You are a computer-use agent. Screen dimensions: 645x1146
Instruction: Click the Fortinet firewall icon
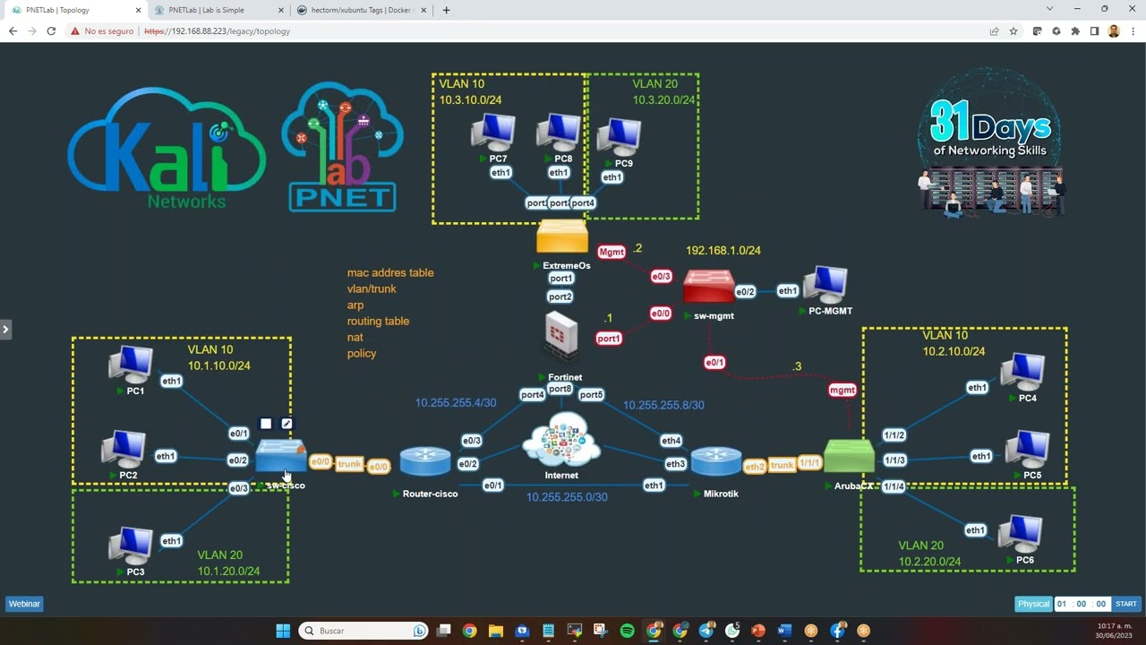[561, 337]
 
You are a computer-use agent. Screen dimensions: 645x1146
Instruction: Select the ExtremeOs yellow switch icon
[562, 237]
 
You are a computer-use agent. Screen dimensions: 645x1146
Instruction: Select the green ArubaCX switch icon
[849, 458]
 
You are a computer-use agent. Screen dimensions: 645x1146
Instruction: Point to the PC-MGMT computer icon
[825, 286]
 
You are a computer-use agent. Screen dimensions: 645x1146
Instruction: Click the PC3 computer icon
[131, 546]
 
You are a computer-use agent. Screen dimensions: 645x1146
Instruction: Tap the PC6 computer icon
[1021, 534]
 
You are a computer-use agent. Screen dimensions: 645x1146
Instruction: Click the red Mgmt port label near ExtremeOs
[611, 253]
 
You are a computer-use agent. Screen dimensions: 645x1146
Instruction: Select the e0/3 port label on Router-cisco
[471, 441]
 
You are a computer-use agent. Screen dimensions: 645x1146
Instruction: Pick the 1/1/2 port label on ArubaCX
[894, 435]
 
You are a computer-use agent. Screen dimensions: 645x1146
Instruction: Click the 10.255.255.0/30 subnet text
[567, 497]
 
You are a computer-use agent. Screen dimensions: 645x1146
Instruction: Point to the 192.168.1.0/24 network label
[723, 251]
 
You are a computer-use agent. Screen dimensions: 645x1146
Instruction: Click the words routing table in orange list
[378, 321]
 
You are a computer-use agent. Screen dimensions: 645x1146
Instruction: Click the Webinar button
[24, 604]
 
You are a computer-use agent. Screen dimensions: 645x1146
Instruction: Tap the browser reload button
[51, 31]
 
